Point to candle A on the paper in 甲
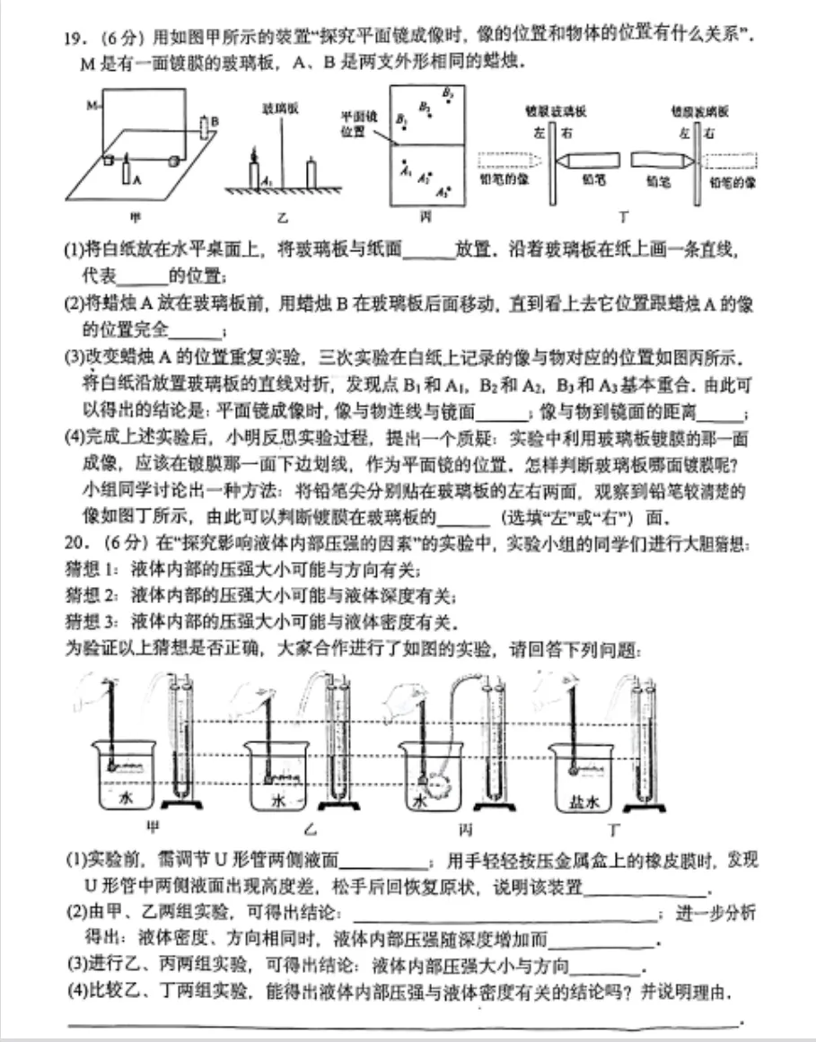pyautogui.click(x=127, y=171)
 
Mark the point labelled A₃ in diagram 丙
pyautogui.click(x=442, y=191)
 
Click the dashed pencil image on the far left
pyautogui.click(x=507, y=161)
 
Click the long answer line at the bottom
pyautogui.click(x=404, y=1022)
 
